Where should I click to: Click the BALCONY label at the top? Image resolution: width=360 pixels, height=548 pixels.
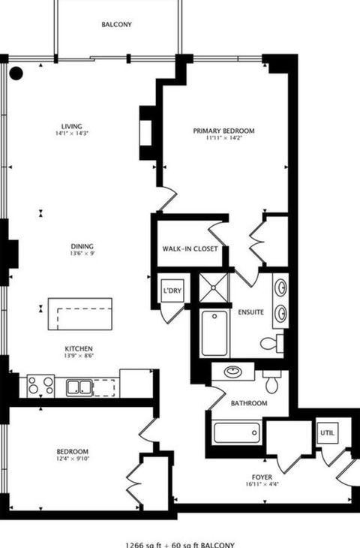click(x=117, y=24)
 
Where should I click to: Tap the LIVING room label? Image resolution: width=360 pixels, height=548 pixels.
click(x=72, y=126)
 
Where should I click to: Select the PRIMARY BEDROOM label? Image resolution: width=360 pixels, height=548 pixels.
click(x=223, y=131)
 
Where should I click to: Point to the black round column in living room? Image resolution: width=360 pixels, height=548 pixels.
click(x=16, y=73)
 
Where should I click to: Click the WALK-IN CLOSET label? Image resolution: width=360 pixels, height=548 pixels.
click(x=190, y=249)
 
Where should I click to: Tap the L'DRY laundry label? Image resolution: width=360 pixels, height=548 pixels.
click(x=171, y=291)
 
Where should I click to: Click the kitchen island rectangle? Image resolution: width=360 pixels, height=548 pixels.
click(x=79, y=314)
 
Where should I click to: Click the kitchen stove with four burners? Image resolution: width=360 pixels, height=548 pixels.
click(x=40, y=386)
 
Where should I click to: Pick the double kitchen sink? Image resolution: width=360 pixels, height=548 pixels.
click(x=79, y=387)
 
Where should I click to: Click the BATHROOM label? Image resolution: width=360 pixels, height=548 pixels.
click(x=249, y=403)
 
